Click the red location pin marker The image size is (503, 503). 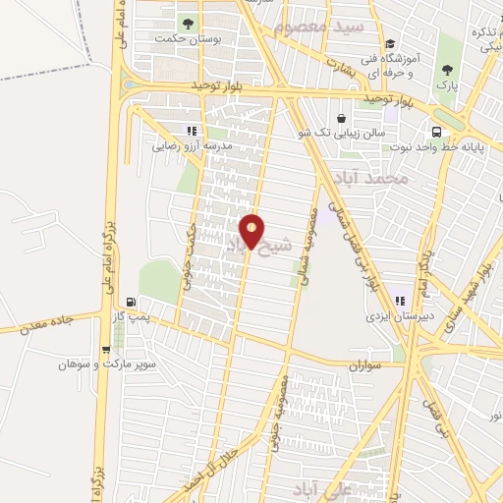tap(252, 233)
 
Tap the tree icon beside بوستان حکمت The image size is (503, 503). tap(186, 22)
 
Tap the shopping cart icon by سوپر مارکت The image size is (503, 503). tap(106, 348)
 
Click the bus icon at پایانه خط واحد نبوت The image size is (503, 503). tap(435, 133)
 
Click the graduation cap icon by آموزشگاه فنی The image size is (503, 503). tap(389, 43)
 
